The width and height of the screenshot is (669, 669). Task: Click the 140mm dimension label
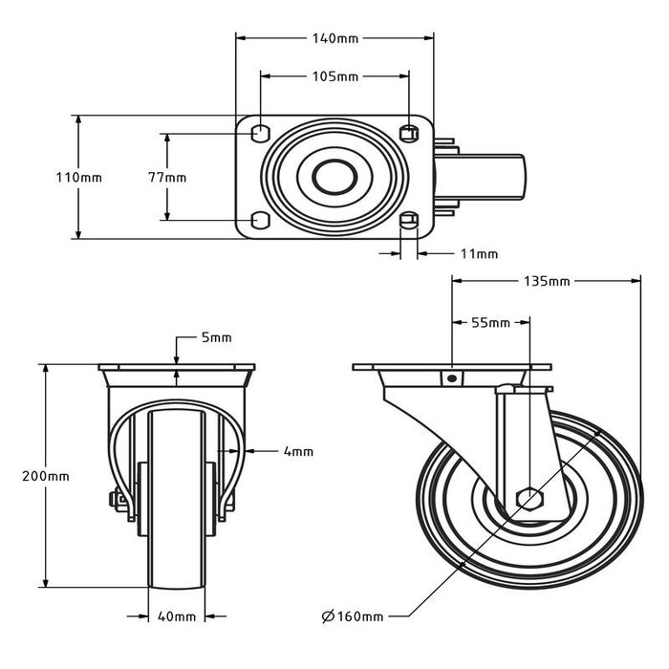334,39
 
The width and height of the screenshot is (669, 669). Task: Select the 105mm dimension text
334,76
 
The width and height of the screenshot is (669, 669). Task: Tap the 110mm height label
78,178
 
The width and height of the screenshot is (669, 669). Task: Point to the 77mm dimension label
167,178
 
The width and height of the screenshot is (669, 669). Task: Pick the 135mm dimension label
547,282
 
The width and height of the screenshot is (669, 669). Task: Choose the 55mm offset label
490,323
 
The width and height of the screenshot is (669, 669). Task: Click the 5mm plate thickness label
216,338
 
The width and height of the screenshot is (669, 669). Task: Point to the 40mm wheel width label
179,616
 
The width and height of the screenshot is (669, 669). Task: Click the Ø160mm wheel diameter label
355,616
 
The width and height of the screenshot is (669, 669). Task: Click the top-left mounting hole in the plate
259,131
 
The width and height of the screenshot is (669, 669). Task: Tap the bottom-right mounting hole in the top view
408,222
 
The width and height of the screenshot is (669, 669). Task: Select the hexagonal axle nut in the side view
528,499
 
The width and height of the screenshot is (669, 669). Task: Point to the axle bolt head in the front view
114,500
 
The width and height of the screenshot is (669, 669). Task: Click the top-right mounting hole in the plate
408,131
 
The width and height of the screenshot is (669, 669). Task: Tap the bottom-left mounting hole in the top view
259,222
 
